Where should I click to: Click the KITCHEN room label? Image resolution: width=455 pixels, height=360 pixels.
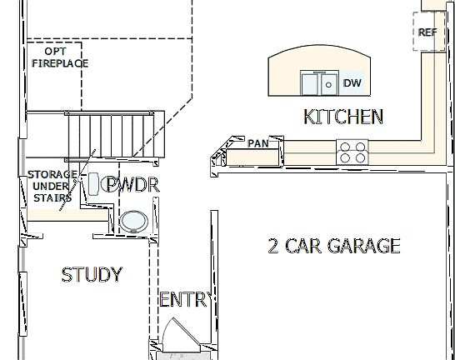click(343, 117)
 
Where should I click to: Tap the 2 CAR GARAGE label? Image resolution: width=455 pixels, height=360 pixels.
click(333, 246)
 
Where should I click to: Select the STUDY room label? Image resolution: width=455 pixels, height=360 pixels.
click(92, 274)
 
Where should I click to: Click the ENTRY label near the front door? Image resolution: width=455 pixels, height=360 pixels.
click(183, 300)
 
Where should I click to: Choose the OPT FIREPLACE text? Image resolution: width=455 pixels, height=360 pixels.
click(60, 57)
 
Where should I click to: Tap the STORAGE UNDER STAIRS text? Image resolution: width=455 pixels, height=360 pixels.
click(52, 186)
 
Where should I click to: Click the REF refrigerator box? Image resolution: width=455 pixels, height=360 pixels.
click(427, 32)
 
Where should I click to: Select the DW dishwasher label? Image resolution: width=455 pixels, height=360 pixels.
click(352, 82)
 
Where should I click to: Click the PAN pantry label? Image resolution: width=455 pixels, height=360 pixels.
click(258, 143)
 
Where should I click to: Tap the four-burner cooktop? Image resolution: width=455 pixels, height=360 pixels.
click(352, 152)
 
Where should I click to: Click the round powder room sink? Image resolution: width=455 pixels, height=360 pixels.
click(132, 221)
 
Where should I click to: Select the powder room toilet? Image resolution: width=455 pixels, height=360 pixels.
click(95, 182)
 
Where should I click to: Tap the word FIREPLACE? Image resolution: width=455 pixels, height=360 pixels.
click(60, 62)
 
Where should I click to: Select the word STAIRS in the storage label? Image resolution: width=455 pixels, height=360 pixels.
click(52, 197)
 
